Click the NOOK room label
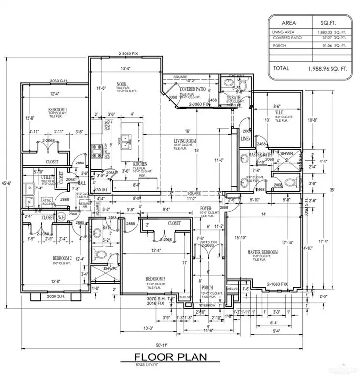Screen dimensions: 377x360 (x=122, y=84)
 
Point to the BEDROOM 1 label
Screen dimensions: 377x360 (x=57, y=109)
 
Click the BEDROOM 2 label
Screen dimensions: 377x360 (x=62, y=258)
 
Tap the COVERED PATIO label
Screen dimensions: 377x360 (x=193, y=89)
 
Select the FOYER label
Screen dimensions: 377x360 (x=206, y=209)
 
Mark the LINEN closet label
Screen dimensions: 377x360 (x=246, y=139)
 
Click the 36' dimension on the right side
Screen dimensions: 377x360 (x=345, y=190)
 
